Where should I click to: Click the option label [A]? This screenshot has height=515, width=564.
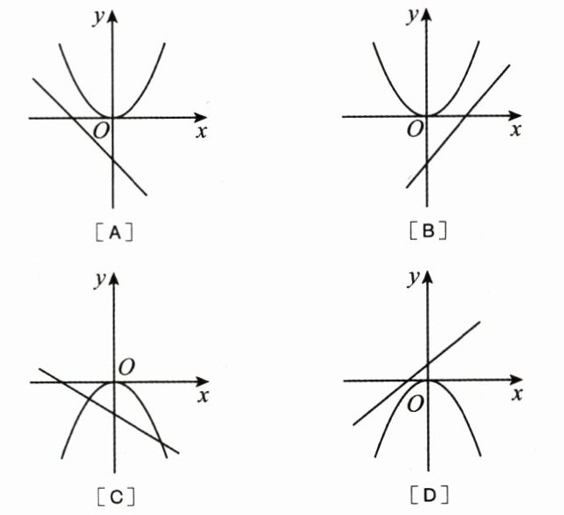pyautogui.click(x=115, y=232)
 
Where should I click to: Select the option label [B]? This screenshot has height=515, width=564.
pyautogui.click(x=429, y=231)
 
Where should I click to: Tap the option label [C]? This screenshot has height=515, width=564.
pyautogui.click(x=115, y=496)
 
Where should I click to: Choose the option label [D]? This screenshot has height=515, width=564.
pyautogui.click(x=429, y=496)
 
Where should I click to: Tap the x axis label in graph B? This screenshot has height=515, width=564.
pyautogui.click(x=516, y=131)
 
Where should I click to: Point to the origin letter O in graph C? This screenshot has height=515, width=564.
pyautogui.click(x=126, y=367)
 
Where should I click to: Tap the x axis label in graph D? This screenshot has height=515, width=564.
pyautogui.click(x=517, y=395)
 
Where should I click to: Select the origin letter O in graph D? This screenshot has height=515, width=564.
pyautogui.click(x=416, y=403)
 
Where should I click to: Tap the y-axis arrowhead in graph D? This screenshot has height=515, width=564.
pyautogui.click(x=428, y=279)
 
